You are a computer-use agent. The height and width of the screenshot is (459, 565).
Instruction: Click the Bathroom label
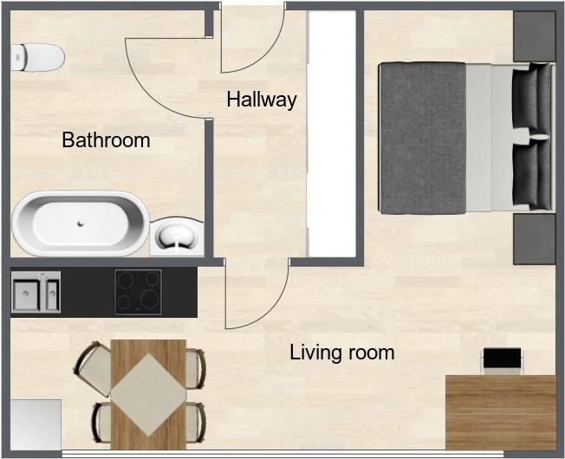106,140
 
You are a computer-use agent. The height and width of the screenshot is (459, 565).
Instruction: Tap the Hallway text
262,99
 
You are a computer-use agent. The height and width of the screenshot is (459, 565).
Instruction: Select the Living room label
342,352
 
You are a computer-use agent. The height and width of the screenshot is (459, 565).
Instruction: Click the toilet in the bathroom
37,57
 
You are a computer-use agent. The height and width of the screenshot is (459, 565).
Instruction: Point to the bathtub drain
81,223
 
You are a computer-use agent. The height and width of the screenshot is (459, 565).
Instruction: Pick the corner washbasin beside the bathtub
177,236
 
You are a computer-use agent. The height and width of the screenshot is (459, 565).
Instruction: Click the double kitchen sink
36,292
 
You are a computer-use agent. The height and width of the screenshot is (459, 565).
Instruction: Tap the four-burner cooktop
138,292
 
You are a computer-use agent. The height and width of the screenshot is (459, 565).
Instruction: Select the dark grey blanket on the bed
424,138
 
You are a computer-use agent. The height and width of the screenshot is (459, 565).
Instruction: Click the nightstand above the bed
534,36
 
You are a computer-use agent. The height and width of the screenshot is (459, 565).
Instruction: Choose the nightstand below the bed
534,239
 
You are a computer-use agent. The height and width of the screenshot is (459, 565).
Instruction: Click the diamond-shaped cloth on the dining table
148,395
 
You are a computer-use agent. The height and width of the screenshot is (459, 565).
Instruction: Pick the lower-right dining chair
195,423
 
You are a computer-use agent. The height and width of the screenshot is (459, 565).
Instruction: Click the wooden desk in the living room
501,412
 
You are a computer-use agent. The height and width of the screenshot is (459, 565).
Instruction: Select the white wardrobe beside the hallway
332,133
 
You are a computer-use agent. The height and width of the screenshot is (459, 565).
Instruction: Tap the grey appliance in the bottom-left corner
36,424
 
